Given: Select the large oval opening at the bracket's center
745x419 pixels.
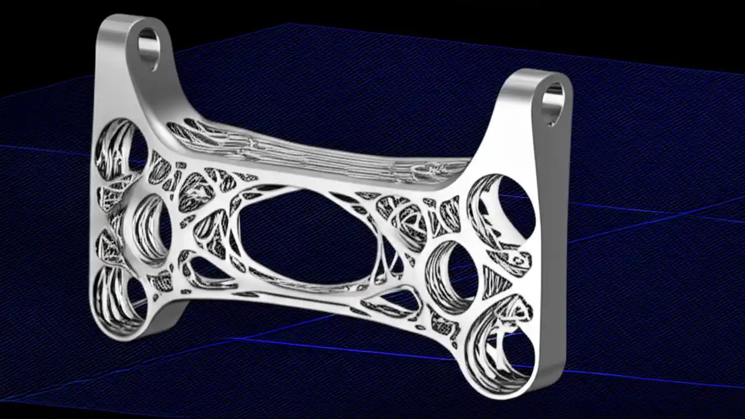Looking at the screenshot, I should pyautogui.click(x=303, y=239).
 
